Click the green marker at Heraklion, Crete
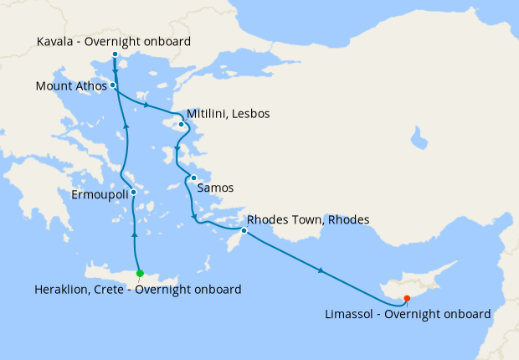coord(140,273)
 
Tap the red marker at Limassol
coord(407,298)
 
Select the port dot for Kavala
coord(115,55)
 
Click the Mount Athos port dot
coord(112,85)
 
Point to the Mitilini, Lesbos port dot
coord(181,126)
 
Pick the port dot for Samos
coord(193,177)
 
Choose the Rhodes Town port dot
coord(244,230)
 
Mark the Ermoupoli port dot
coord(133,192)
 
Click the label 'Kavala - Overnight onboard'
coord(115,41)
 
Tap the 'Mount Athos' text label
coord(71,85)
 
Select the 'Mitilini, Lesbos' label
coord(229,113)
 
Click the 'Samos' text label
coord(215,188)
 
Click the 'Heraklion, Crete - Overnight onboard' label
coord(138,290)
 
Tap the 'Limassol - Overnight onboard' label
coord(406,314)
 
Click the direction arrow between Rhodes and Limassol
coord(321,270)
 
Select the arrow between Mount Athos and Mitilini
coord(147,106)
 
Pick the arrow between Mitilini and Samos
coord(177,151)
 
